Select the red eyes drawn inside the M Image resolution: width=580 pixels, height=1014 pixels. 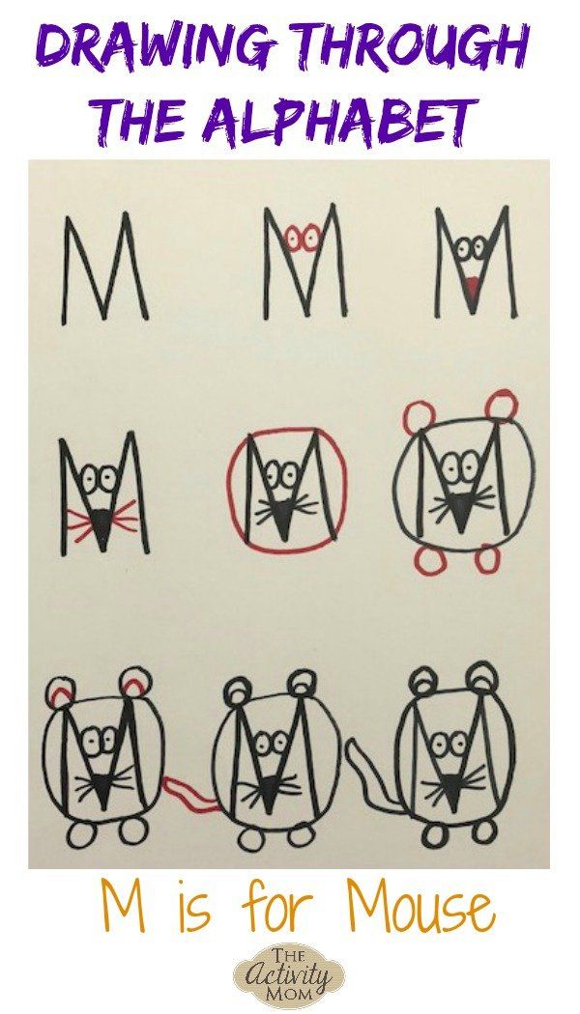coord(303,238)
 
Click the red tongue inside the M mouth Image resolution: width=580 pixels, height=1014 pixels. coord(475,285)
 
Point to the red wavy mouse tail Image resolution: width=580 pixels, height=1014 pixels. coord(189,795)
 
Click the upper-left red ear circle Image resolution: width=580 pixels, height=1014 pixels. coord(419,414)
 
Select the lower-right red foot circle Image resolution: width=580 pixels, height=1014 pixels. coord(485,560)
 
